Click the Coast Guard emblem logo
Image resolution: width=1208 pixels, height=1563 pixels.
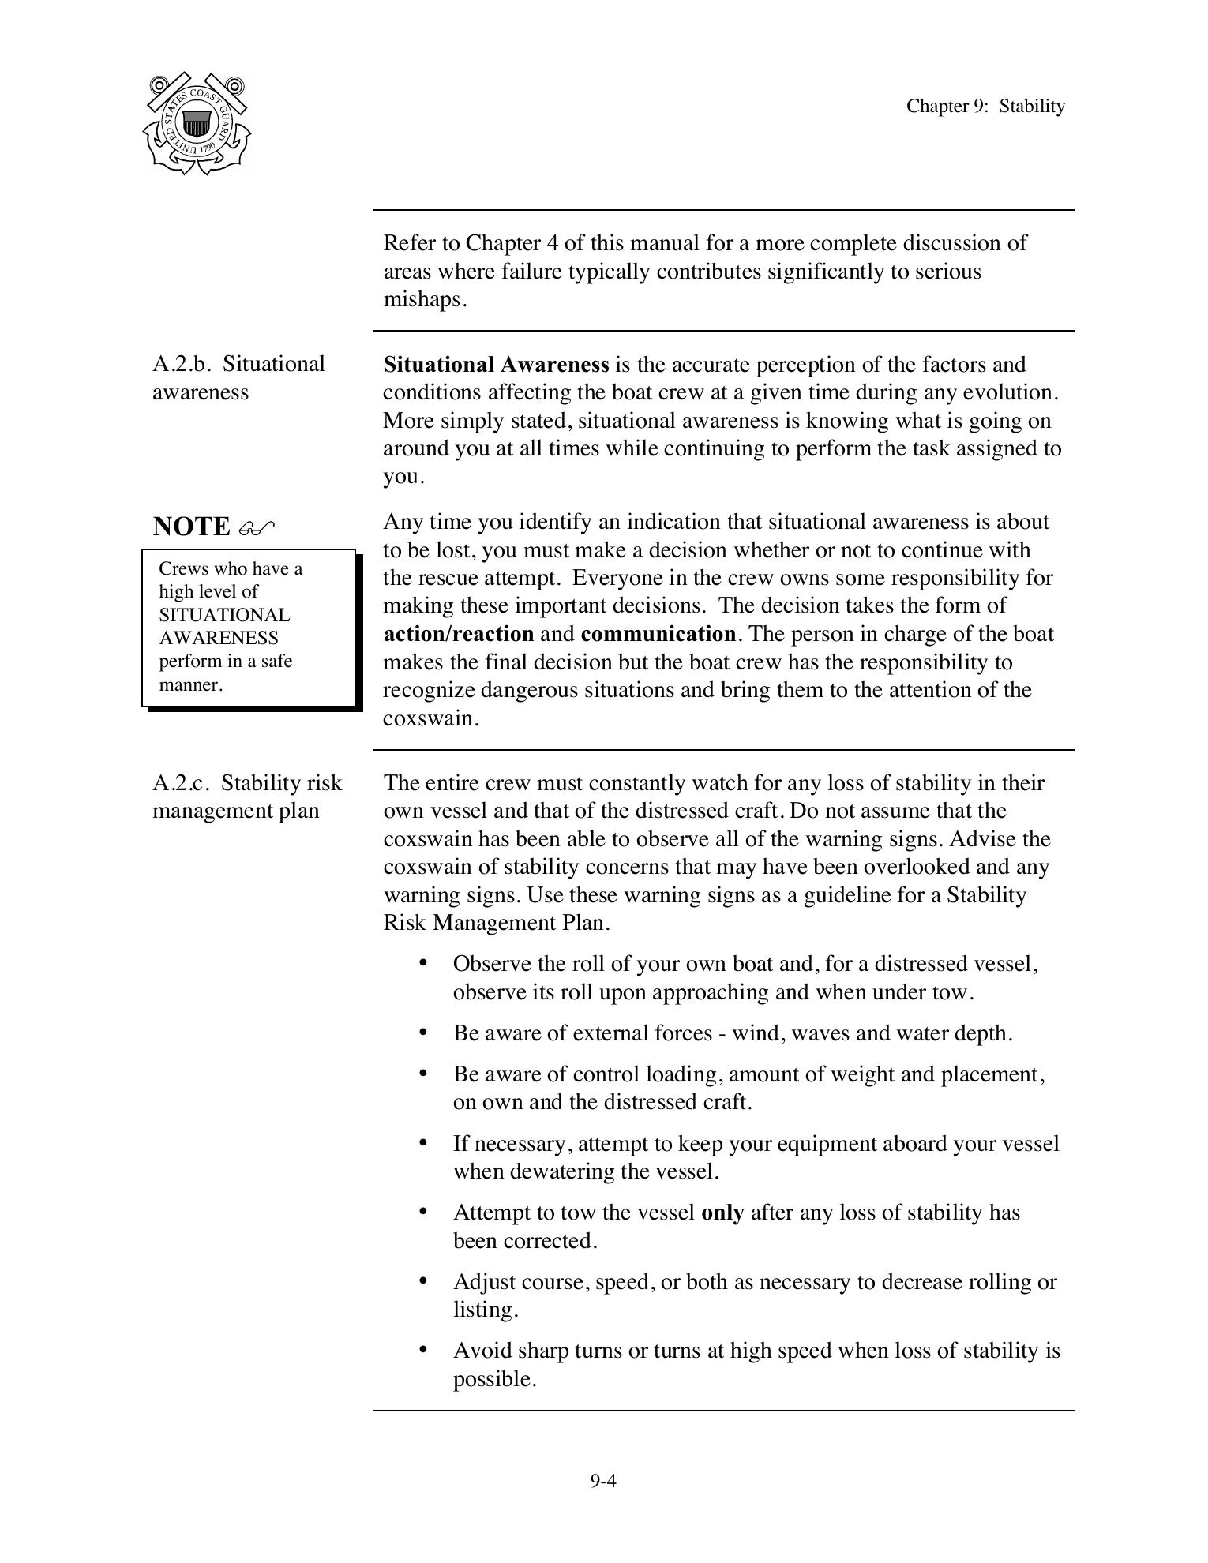pos(197,124)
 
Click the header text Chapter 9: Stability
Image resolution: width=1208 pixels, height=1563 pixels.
pos(985,106)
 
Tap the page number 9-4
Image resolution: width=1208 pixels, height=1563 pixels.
pos(602,1480)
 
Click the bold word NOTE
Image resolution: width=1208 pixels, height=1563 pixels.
pos(191,527)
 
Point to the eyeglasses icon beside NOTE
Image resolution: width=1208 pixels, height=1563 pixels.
pos(256,527)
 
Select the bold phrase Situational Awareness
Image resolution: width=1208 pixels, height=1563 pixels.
pos(495,365)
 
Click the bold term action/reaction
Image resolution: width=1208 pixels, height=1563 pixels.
pos(458,634)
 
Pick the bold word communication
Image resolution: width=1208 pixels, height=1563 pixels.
pos(657,634)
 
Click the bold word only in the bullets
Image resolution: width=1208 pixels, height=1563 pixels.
pos(722,1213)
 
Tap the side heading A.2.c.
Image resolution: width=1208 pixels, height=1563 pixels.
pos(182,783)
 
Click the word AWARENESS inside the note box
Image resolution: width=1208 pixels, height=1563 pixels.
pos(218,638)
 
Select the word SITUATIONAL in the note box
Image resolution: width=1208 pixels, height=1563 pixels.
pos(224,615)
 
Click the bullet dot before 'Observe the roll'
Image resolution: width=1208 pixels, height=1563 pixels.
pos(424,963)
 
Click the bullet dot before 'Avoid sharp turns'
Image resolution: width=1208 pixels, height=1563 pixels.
pos(424,1350)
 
